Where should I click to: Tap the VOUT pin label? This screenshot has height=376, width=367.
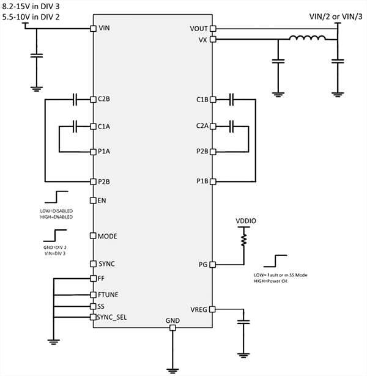tap(199, 29)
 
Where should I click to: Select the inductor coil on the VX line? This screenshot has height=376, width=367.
tap(307, 40)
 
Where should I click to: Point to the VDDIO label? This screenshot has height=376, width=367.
tap(245, 220)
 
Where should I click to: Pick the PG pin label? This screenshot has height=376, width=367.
tap(203, 265)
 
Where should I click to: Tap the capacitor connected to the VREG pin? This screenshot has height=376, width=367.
tap(245, 322)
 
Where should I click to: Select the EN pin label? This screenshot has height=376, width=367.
tap(102, 201)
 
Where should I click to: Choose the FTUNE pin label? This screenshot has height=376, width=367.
tap(108, 294)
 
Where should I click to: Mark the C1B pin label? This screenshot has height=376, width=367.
tap(202, 98)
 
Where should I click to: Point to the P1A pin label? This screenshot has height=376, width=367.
tap(104, 150)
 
